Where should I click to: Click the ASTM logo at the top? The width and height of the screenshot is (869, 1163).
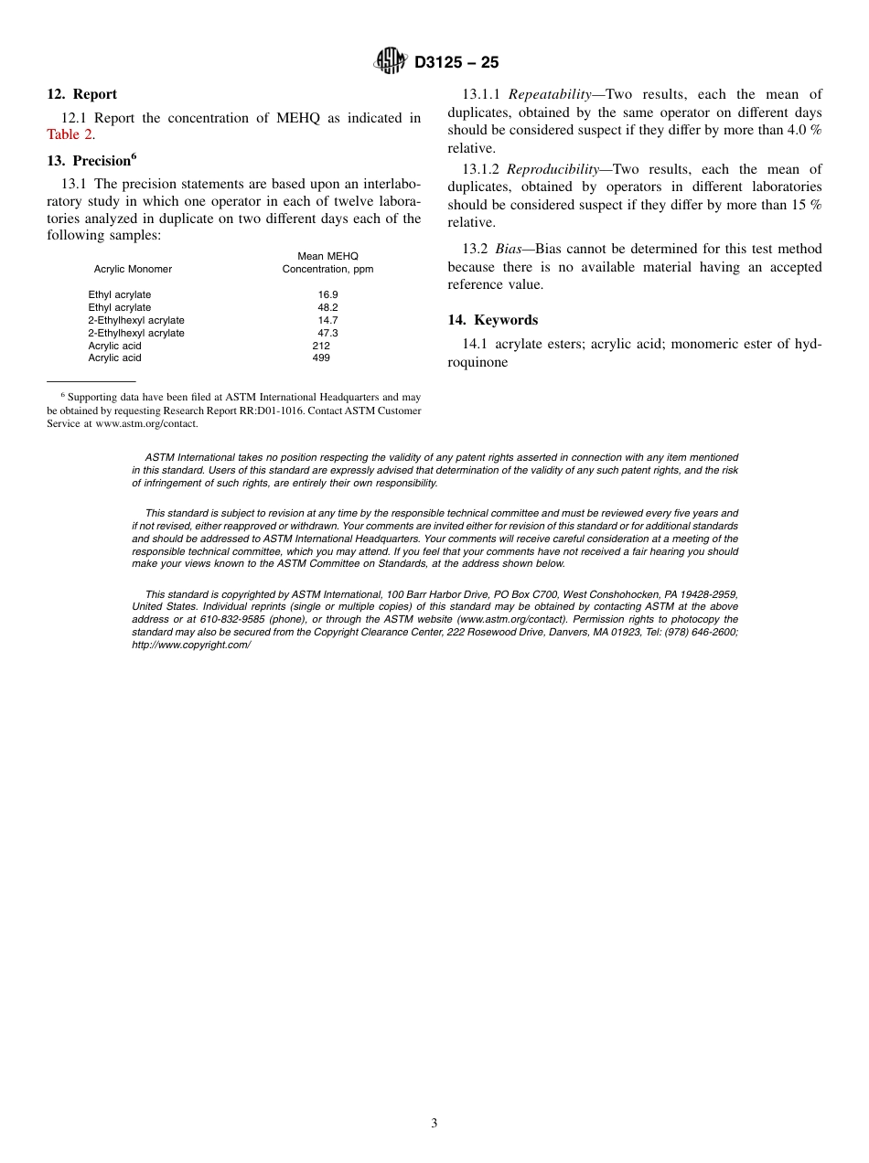[391, 62]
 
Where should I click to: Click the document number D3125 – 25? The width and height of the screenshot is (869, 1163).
[456, 63]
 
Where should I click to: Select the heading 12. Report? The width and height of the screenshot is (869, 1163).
[82, 94]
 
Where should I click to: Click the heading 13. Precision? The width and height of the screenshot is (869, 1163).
[91, 161]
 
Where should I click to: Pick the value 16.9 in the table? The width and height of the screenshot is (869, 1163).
[327, 294]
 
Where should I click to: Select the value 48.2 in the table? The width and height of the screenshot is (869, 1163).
[327, 307]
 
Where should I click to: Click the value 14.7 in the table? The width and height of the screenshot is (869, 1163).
[327, 320]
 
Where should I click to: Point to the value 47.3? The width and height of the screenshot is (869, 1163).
[327, 333]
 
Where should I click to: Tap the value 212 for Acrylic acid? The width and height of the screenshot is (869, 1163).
[321, 346]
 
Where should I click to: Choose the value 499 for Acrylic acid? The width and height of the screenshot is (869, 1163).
[321, 357]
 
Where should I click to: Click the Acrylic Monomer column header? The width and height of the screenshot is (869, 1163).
[133, 269]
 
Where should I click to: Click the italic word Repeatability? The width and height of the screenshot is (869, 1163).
[550, 94]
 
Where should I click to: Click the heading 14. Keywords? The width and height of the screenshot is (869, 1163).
[492, 320]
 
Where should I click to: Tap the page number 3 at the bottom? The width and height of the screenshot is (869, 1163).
[434, 1123]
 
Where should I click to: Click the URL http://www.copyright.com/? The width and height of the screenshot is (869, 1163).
[191, 645]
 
